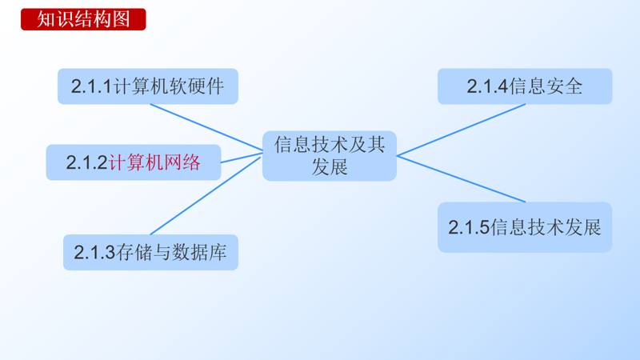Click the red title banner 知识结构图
[83, 19]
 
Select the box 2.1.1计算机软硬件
[148, 86]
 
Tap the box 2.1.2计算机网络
[133, 162]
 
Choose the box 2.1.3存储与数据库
[150, 252]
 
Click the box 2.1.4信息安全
[525, 86]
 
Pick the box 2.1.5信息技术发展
[525, 227]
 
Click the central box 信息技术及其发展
[330, 156]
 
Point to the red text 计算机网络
[154, 162]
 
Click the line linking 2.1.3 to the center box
[206, 196]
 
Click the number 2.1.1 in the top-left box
[90, 86]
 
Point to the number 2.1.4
[487, 86]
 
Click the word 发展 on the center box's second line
[330, 167]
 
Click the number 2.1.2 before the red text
[86, 162]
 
